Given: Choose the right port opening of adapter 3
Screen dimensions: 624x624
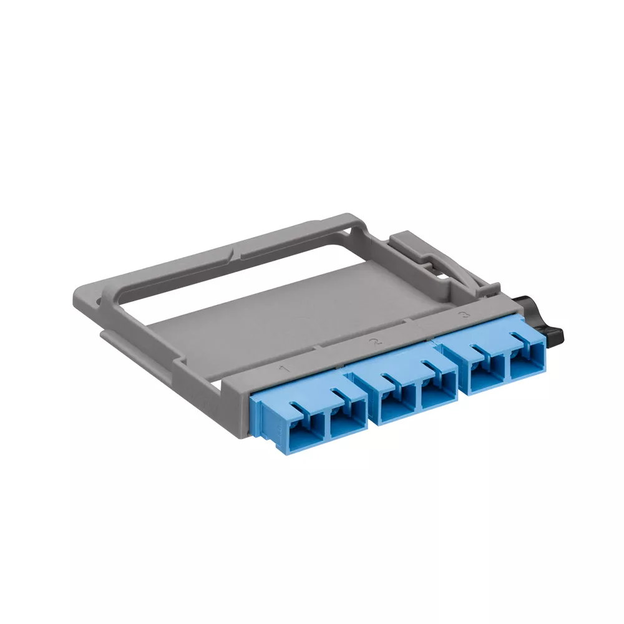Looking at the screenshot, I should pos(522,366).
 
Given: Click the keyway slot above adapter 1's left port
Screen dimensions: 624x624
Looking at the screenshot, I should pos(299,407).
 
